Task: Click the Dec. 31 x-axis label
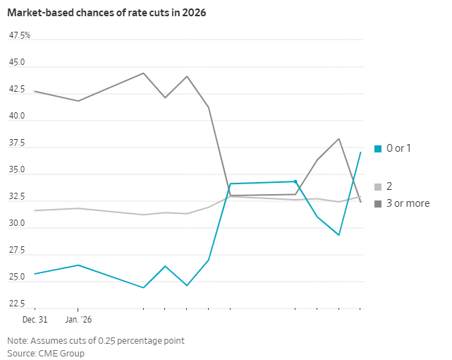(35, 320)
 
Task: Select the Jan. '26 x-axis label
(78, 320)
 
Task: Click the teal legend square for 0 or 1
(378, 148)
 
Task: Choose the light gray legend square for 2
(378, 187)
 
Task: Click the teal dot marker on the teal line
(295, 181)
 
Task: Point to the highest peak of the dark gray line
(144, 73)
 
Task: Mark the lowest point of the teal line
(144, 288)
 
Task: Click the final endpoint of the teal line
(361, 152)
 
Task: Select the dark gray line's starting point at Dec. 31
(35, 91)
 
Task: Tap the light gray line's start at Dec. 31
(35, 210)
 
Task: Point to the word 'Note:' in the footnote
(18, 340)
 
